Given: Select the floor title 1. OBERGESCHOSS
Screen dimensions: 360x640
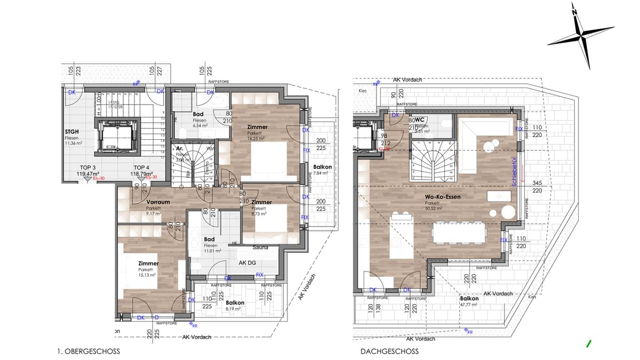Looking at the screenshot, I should pyautogui.click(x=88, y=351).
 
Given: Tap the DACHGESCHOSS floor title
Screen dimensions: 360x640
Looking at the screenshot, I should pyautogui.click(x=389, y=351).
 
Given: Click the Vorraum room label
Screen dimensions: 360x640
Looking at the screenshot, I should pyautogui.click(x=157, y=202).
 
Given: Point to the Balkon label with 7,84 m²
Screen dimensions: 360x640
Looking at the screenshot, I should pyautogui.click(x=323, y=167).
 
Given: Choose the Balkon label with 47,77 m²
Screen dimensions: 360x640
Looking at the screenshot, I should pyautogui.click(x=469, y=299).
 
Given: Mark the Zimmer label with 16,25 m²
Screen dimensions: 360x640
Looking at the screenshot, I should pyautogui.click(x=257, y=127).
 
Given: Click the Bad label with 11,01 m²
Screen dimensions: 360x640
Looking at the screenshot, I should pyautogui.click(x=209, y=239).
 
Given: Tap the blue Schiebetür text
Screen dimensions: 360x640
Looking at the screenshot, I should pyautogui.click(x=514, y=173).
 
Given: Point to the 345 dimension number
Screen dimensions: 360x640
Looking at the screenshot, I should pyautogui.click(x=537, y=183).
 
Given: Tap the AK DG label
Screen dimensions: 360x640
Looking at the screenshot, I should pyautogui.click(x=249, y=263).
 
